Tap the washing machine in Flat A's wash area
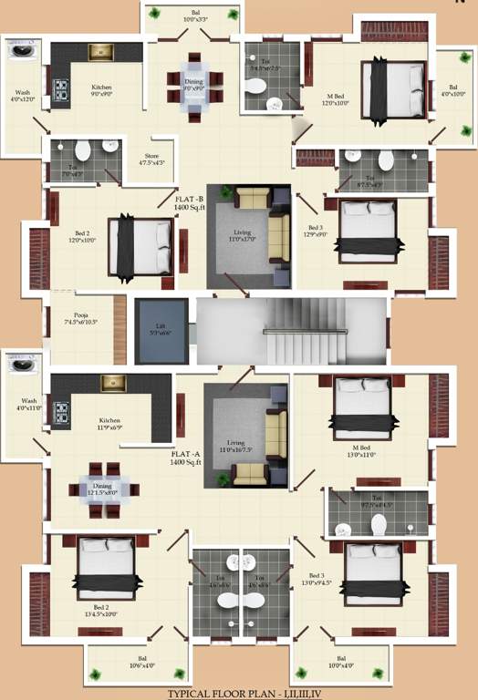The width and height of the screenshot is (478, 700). click(x=21, y=365)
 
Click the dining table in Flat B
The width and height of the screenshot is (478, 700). click(x=194, y=84)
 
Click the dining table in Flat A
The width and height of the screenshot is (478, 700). click(x=102, y=489)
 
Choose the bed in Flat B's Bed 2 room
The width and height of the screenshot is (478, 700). click(x=140, y=246)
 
